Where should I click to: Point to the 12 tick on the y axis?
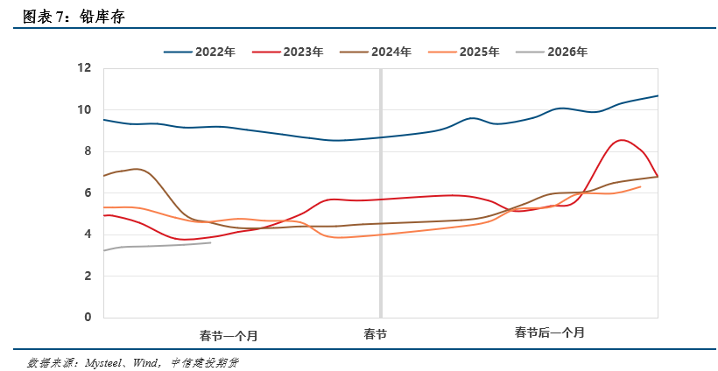point(85,68)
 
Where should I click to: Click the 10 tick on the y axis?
point(85,109)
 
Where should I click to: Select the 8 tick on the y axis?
point(88,151)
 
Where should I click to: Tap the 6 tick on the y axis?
point(88,192)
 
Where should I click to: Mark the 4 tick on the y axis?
point(88,234)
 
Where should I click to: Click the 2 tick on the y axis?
point(88,276)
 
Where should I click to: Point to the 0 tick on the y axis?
point(88,317)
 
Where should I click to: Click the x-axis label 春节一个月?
point(229,335)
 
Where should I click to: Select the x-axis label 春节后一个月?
point(549,333)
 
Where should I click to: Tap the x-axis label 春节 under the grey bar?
point(376,334)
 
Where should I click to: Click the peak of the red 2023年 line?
point(622,140)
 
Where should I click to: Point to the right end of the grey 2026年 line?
point(210,242)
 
